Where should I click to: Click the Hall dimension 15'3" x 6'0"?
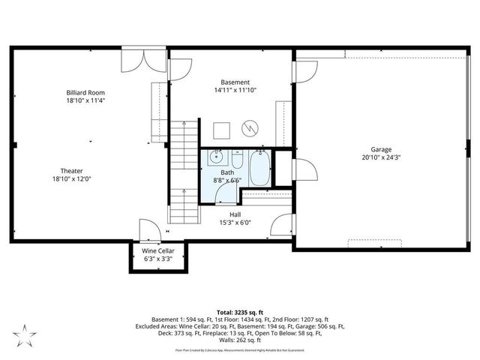click(x=235, y=222)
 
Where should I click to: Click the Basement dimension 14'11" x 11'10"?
click(x=235, y=91)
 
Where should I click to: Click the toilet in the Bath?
click(x=236, y=160)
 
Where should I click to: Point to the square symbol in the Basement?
click(x=220, y=129)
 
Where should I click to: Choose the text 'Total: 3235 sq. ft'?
click(x=240, y=311)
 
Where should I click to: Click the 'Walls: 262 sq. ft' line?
click(x=240, y=340)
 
